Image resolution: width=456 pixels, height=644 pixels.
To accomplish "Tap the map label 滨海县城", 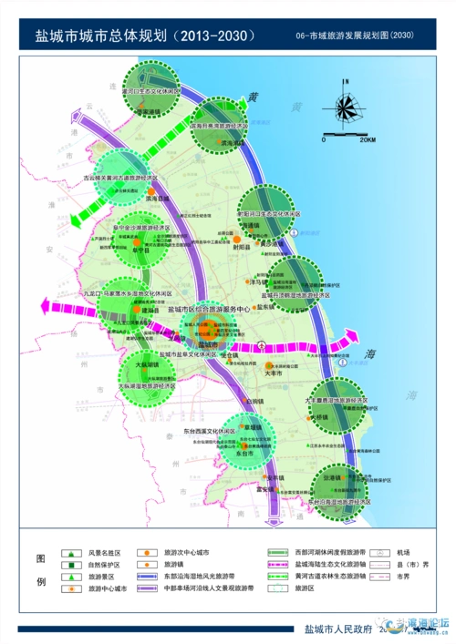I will point(158,197).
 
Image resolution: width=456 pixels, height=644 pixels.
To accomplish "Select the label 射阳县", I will point(241,247).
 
